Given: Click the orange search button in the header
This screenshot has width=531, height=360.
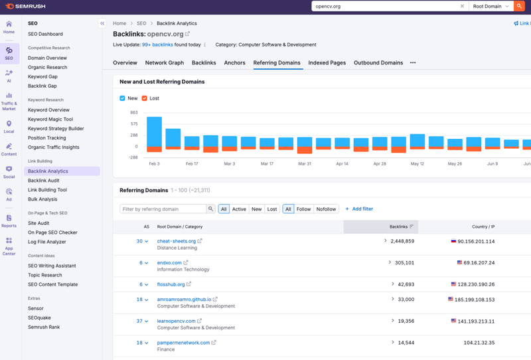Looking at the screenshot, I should coord(519,6).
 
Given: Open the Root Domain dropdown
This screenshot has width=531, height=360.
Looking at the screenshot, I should coord(491,6).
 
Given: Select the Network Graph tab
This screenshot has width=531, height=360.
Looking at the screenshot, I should coord(165,63).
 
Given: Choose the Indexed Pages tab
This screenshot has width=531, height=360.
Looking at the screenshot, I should coord(327,63).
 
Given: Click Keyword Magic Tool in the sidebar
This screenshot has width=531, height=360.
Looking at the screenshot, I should coord(50,120).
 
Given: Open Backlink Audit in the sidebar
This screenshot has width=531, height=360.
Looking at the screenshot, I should coord(44,181).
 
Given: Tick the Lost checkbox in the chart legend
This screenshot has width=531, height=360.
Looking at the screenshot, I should coord(145,98).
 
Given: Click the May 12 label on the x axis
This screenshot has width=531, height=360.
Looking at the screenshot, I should coord(417,163).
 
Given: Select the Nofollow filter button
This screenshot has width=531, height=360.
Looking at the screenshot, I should coord(326,209).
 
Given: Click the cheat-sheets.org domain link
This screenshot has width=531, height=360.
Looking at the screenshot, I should coord(177,241).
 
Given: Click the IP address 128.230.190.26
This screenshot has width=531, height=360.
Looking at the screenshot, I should coord(475,284).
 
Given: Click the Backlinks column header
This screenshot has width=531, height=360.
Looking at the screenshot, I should coord(398,226).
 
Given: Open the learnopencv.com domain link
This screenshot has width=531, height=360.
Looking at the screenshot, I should coord(177,321).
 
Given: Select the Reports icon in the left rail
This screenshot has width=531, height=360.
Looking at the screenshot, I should coord(9,221).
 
